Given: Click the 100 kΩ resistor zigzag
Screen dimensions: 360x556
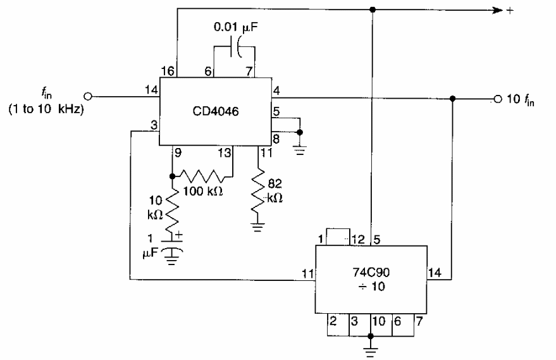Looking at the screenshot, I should [x=202, y=175].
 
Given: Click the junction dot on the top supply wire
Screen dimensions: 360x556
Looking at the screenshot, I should [x=373, y=9].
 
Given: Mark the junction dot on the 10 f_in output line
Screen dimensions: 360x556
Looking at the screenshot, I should [x=453, y=99].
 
